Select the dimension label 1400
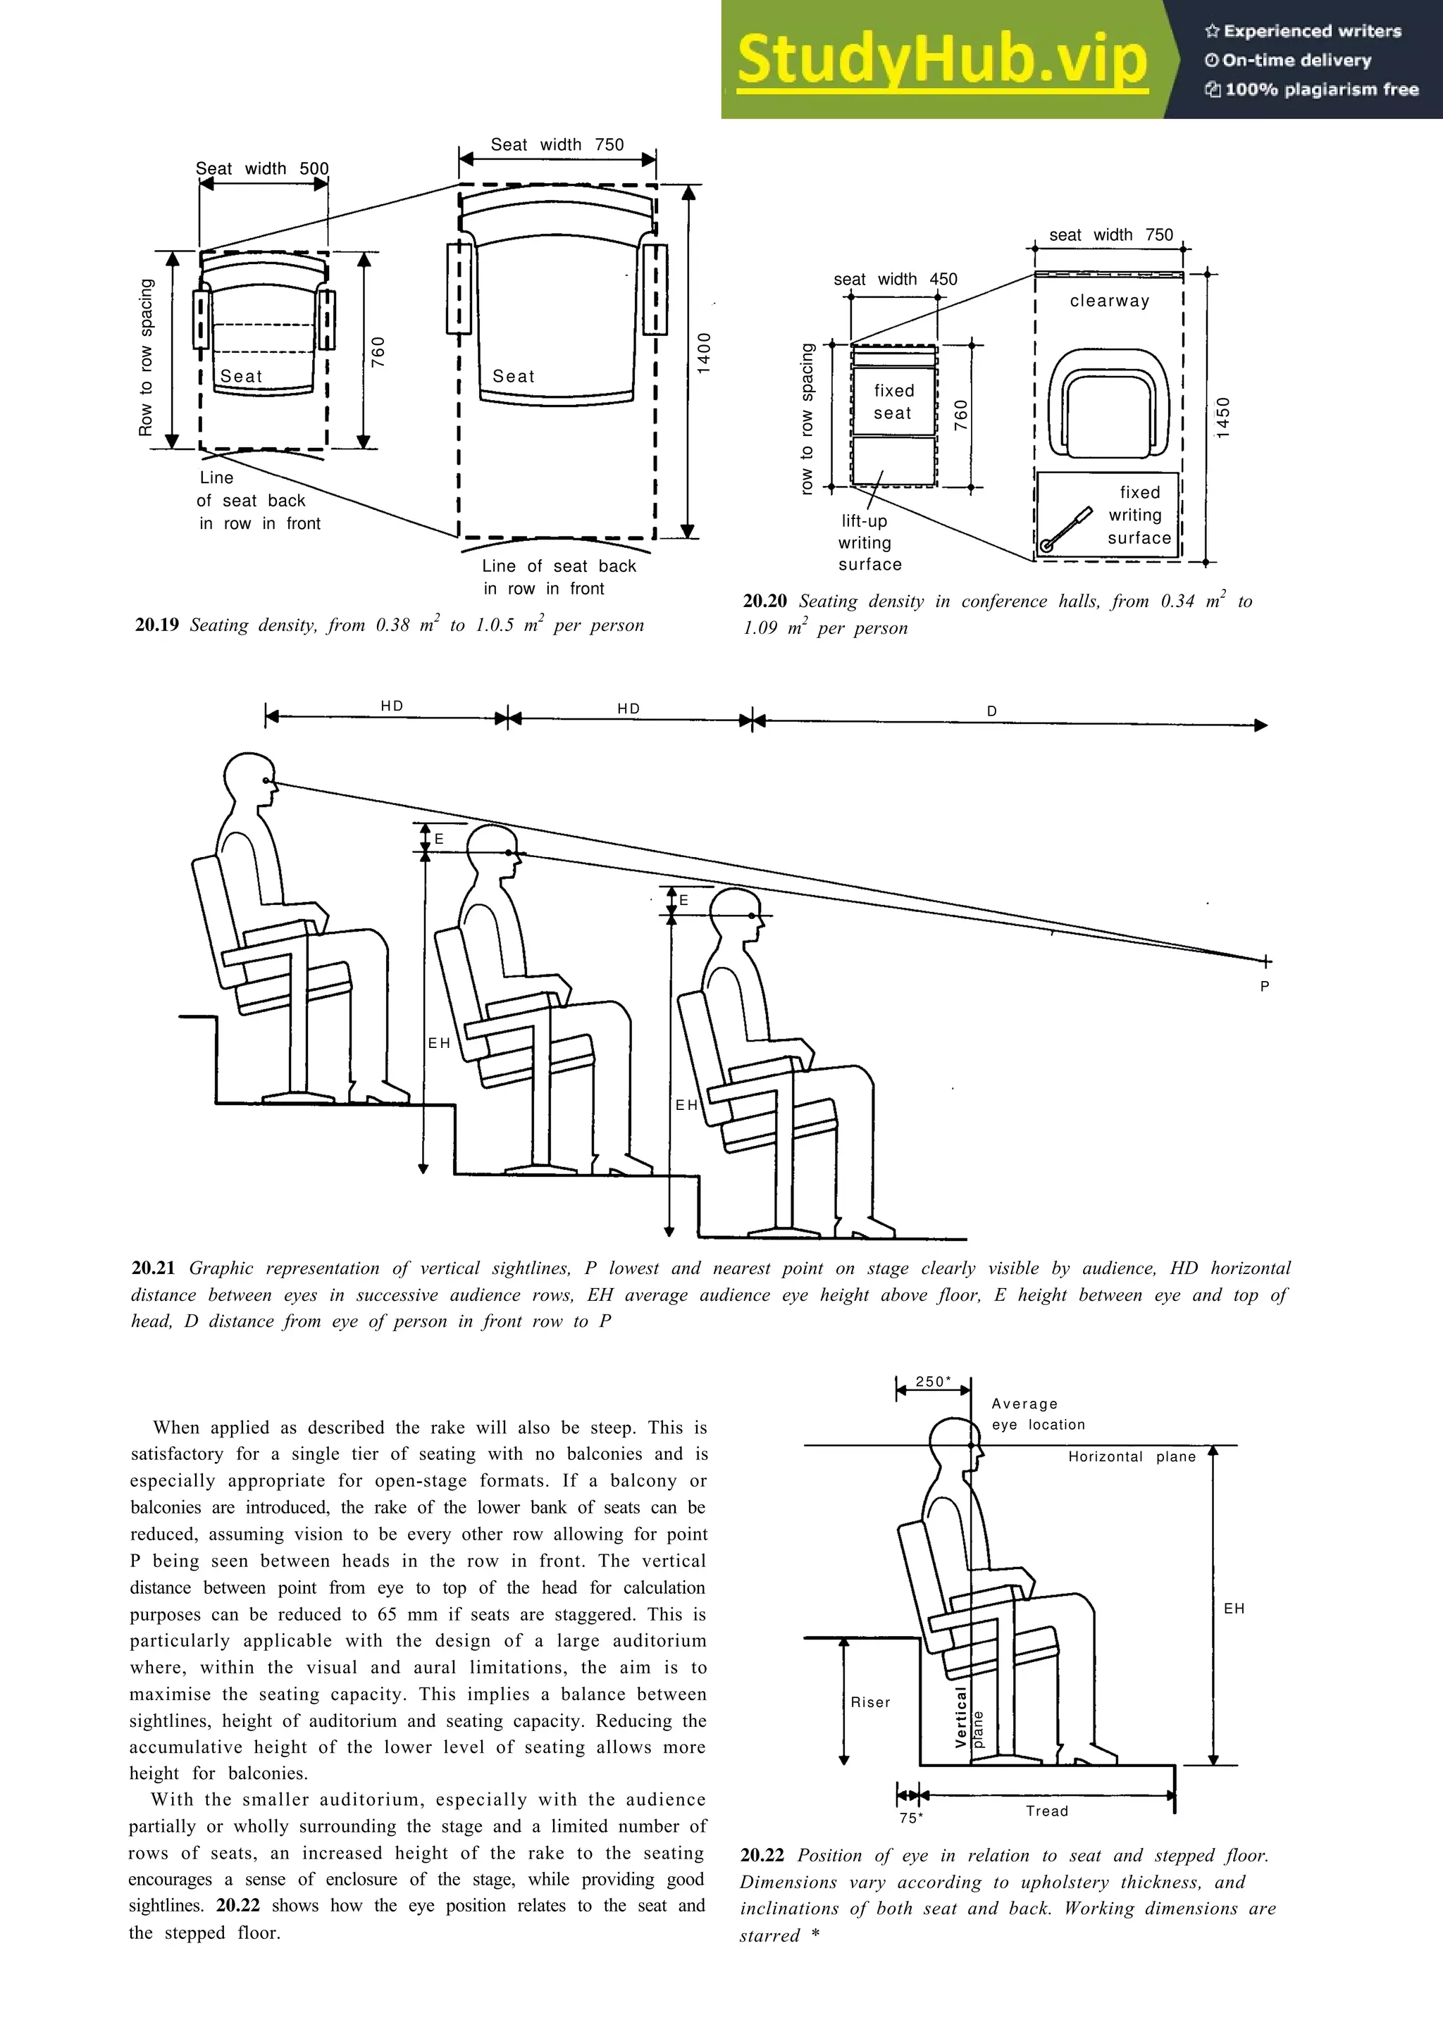(704, 353)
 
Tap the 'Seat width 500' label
(262, 169)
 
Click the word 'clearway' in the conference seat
(1110, 301)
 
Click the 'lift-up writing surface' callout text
(869, 543)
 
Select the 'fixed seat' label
(893, 402)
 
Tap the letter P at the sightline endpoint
(1264, 986)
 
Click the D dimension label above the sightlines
(992, 711)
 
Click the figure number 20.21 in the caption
(154, 1268)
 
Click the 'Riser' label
(870, 1702)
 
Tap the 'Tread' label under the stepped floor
(1046, 1811)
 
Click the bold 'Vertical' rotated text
(960, 1718)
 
